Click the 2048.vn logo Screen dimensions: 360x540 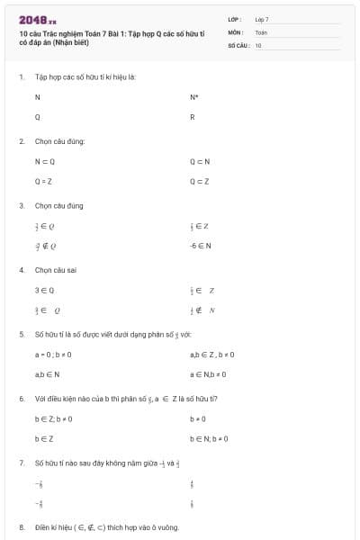(37, 19)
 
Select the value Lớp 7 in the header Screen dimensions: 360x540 (262, 18)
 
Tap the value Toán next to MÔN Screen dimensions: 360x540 (261, 31)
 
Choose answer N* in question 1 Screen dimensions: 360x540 (193, 96)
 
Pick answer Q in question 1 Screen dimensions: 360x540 (37, 117)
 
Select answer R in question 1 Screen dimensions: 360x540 (193, 117)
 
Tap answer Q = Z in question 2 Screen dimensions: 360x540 (44, 181)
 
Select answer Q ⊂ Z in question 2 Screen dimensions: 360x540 (200, 181)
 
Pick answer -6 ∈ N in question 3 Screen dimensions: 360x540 (200, 245)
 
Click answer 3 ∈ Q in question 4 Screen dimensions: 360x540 (44, 290)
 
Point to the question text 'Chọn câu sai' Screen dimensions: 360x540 (56, 269)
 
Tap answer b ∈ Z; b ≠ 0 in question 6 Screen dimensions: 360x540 (53, 418)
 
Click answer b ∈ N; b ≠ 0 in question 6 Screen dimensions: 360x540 (209, 438)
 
